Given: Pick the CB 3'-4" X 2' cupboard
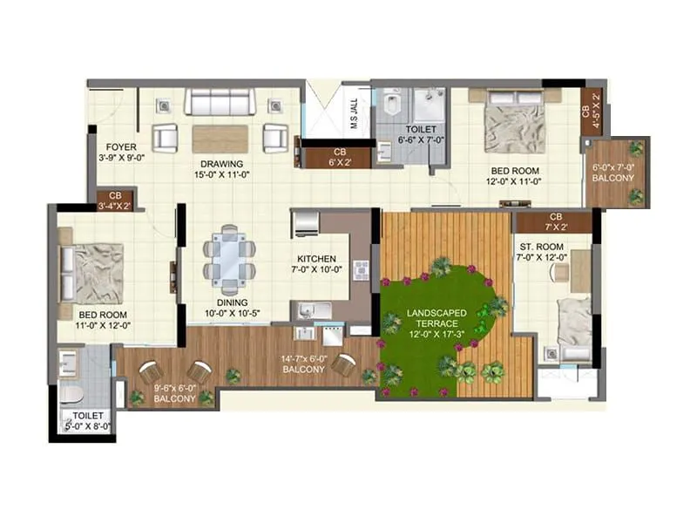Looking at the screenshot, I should tap(115, 200).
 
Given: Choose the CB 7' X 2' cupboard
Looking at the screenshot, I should tap(553, 221).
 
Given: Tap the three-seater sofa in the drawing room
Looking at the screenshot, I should tap(220, 103).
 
